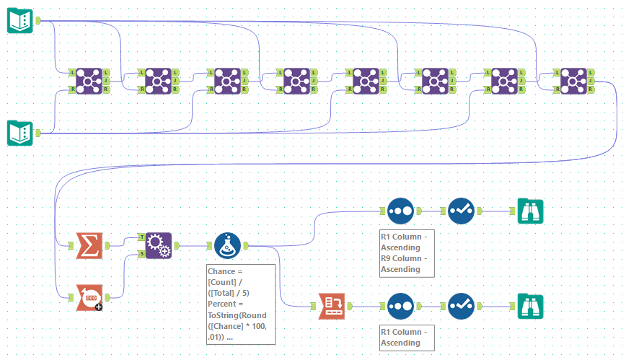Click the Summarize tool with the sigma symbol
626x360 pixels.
89,246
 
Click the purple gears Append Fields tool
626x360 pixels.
159,245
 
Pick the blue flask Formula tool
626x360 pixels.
228,246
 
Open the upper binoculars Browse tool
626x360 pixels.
531,211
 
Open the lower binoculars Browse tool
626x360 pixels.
531,305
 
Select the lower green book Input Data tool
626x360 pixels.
20,133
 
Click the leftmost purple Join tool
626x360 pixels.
89,81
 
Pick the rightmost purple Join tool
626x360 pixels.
574,81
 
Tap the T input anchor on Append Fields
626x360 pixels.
141,237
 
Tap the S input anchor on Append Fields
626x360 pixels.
141,254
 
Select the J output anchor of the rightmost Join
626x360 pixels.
592,81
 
